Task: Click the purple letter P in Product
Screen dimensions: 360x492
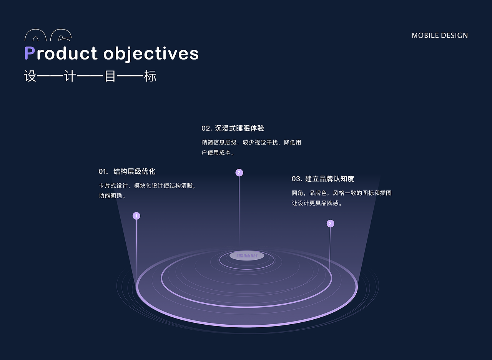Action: pos(30,53)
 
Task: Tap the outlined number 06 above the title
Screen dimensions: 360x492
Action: pos(48,36)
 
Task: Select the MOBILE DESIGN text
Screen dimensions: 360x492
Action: pos(440,35)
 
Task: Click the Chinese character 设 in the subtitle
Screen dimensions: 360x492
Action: pos(30,76)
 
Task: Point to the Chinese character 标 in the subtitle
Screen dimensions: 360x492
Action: pos(150,76)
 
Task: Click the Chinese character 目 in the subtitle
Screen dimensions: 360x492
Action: pos(110,76)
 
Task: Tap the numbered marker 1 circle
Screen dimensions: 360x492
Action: pos(136,216)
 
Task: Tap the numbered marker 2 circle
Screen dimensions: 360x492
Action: pos(239,173)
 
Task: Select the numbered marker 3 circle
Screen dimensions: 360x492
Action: pos(330,224)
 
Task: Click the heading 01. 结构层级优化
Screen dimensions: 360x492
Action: pos(127,171)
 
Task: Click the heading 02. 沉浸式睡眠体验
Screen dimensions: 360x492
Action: pos(233,128)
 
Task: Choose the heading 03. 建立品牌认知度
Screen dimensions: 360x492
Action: pos(322,179)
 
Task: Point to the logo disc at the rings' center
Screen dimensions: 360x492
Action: pos(246,256)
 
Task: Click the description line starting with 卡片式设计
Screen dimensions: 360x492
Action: pos(148,186)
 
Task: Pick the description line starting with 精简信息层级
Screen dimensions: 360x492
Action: pos(251,143)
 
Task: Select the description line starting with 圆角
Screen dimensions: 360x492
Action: pos(341,193)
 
